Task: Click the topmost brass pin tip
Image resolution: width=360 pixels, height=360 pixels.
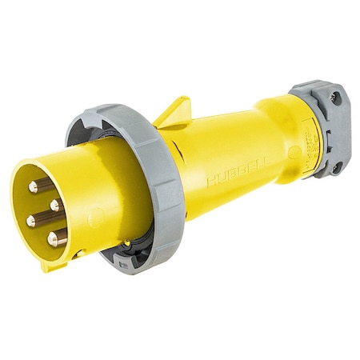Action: coord(34,186)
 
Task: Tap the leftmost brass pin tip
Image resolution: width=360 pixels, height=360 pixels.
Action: coord(30,220)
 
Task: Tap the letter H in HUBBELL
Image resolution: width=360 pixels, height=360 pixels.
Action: coord(211,183)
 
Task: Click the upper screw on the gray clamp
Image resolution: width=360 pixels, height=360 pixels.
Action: coord(334,98)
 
